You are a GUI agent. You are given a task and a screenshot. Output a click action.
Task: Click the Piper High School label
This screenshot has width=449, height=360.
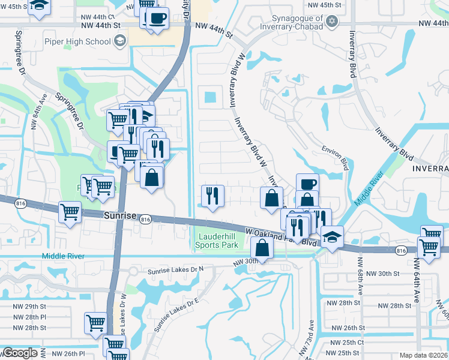[85, 41]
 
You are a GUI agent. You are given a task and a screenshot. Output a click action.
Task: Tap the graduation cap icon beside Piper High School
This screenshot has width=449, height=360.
[119, 41]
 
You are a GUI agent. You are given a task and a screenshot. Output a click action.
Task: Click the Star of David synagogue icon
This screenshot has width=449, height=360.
[331, 22]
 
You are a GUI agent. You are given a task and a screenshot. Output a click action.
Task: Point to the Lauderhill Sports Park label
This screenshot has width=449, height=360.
[217, 241]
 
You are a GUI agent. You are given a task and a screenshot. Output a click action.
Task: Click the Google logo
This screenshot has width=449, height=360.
[20, 353]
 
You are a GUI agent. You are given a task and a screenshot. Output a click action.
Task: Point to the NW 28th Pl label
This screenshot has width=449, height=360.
[29, 317]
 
